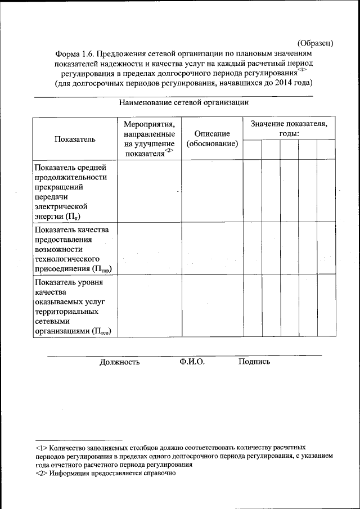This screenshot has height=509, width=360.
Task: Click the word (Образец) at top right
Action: point(316,43)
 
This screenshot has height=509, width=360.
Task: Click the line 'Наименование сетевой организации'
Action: point(184,102)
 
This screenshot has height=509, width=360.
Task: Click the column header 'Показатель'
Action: point(75,139)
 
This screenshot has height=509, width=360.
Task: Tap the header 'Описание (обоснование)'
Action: point(212,139)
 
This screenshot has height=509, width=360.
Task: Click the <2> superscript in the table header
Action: point(170,151)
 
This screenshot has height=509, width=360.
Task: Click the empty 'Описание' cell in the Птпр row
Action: point(212,249)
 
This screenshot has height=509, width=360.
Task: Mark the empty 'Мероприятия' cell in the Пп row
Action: point(149,191)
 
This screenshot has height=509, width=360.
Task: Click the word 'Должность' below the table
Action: point(119,362)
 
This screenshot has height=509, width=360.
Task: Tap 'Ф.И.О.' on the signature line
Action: point(192,362)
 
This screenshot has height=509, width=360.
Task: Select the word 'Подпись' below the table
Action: point(254,362)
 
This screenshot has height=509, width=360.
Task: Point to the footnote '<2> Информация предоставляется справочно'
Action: point(106,474)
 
